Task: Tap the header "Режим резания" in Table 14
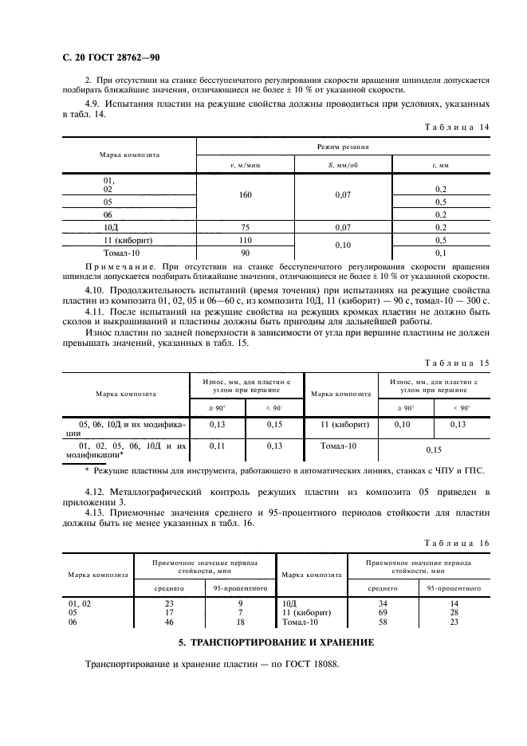point(342,147)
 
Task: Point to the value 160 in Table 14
point(246,193)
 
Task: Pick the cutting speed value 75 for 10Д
point(246,227)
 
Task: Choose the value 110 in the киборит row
point(246,240)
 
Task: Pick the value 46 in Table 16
point(169,622)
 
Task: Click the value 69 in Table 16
point(383,613)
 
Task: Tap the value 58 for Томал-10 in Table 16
point(383,622)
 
